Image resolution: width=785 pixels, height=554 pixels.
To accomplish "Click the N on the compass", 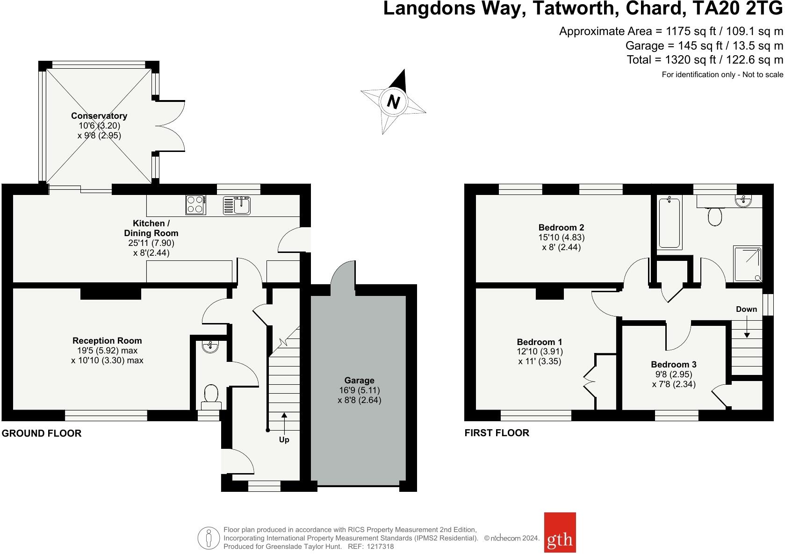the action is point(393,102).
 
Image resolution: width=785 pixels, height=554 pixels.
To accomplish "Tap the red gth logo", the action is point(560,532).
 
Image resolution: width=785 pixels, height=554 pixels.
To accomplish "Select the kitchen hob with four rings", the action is point(195,205).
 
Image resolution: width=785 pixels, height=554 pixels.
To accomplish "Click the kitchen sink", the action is point(237,205).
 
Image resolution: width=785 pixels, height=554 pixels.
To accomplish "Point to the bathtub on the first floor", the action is point(670,223).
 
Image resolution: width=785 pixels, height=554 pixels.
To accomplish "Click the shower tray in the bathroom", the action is point(748,264).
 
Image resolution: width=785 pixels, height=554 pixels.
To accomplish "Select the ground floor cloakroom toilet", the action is point(211,397).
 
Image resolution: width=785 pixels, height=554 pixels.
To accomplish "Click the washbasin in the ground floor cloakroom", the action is point(210,346).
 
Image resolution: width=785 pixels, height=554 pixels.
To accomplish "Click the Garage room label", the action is point(359,380).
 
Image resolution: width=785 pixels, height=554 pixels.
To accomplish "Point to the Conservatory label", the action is point(99,115).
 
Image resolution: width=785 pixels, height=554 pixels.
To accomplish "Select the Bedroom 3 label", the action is point(674,365).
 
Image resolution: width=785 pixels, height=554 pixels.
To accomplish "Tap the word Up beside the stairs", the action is point(284,440).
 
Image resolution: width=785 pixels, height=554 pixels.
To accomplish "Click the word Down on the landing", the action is point(746,309).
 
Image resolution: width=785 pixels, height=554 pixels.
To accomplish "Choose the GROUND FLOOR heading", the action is point(41,433).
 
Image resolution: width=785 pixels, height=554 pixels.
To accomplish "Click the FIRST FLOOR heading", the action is point(497,433).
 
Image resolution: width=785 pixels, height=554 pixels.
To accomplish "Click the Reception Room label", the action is point(107,341).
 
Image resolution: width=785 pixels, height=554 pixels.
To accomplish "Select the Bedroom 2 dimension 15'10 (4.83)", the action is point(562,237).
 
